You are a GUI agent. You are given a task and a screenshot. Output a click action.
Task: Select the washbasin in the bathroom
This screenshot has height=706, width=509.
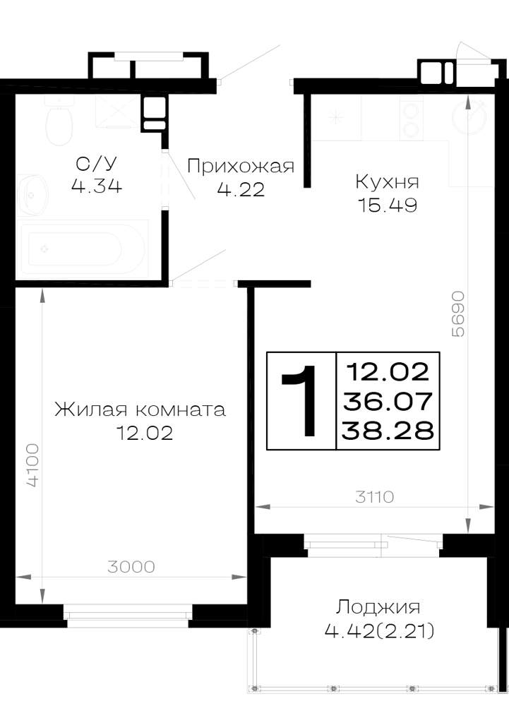pos(32,193)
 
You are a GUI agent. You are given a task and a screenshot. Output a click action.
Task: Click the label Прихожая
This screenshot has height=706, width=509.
pos(240,166)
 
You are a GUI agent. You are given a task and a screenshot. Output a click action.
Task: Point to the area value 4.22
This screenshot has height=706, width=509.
pos(240,189)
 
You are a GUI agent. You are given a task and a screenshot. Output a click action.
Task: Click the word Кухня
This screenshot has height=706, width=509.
pos(387,182)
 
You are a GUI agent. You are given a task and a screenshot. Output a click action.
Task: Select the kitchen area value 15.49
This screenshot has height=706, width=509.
pos(387,205)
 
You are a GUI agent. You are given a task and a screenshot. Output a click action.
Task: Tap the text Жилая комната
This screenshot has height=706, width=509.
pos(140,409)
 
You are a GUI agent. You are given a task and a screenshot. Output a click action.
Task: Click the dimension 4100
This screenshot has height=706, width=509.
pos(32,465)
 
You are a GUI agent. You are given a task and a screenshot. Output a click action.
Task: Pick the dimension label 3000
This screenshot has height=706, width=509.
pos(131,566)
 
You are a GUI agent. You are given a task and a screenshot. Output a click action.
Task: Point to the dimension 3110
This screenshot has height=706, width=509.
pos(374,496)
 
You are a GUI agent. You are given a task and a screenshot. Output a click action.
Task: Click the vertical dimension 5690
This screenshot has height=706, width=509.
pos(457,314)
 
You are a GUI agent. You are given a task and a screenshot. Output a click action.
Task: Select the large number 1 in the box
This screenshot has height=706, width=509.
pos(300,400)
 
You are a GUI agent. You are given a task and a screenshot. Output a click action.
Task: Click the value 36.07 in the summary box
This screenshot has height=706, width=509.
pos(388,401)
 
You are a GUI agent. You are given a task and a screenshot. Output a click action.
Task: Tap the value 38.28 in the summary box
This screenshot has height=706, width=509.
pos(388,431)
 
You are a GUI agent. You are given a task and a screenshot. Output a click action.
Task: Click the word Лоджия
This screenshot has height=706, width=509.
pos(378,607)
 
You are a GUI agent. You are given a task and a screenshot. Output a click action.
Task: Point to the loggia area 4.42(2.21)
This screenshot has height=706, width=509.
pos(379,631)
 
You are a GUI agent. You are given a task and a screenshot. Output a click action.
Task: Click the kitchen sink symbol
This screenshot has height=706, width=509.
pos(336,117)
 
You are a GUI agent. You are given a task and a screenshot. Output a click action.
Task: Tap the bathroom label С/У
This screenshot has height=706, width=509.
pos(97,164)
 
